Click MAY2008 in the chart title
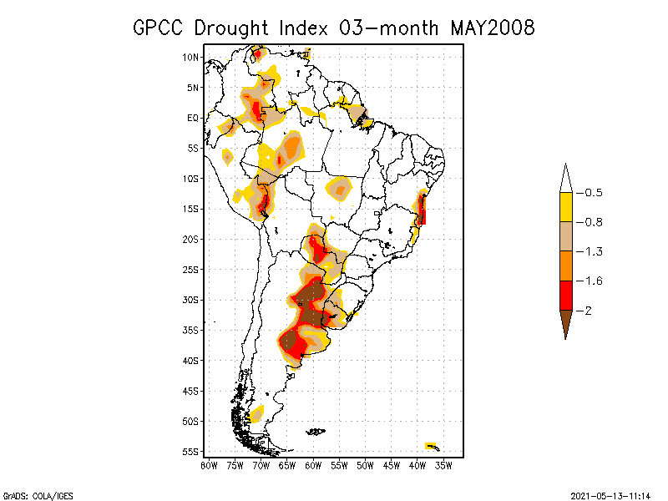point(492,28)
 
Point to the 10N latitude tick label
point(190,57)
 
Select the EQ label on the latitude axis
point(192,118)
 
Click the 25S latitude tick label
point(190,269)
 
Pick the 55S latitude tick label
point(190,451)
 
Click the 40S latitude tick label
point(190,360)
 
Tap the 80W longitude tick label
point(209,464)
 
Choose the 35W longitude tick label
point(443,464)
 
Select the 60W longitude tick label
point(313,464)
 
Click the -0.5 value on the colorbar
point(592,193)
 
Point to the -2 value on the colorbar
point(588,310)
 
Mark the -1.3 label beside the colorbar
point(592,251)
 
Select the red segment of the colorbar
point(565,295)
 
